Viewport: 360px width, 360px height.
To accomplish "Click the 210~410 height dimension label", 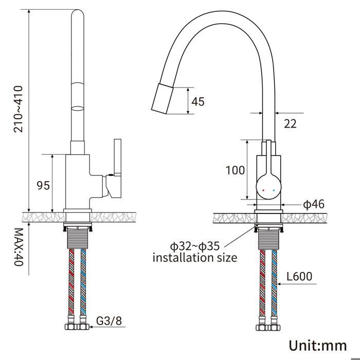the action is [x=19, y=109].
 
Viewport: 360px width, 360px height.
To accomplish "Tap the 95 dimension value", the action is [x=43, y=186].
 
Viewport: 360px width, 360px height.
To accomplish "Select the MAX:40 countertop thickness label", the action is [x=19, y=247].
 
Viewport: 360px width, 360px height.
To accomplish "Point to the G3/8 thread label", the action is [x=109, y=321].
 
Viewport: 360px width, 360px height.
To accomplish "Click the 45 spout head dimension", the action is [x=198, y=101].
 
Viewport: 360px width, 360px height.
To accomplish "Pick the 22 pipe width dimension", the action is [x=290, y=124].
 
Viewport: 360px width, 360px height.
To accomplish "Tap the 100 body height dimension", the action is [x=235, y=170].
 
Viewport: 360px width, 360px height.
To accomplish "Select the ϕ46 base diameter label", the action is [x=314, y=204].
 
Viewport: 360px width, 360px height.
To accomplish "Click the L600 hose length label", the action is [x=299, y=277].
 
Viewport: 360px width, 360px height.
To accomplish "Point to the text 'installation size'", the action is [x=195, y=257].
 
